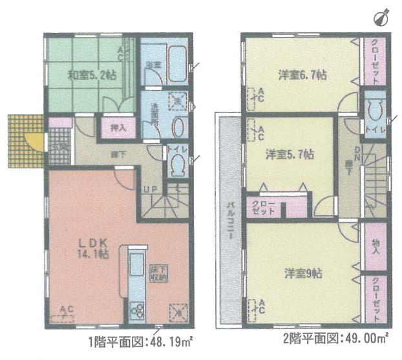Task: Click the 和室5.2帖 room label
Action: click(92, 74)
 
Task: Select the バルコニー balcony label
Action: click(229, 219)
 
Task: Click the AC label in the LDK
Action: click(67, 310)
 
